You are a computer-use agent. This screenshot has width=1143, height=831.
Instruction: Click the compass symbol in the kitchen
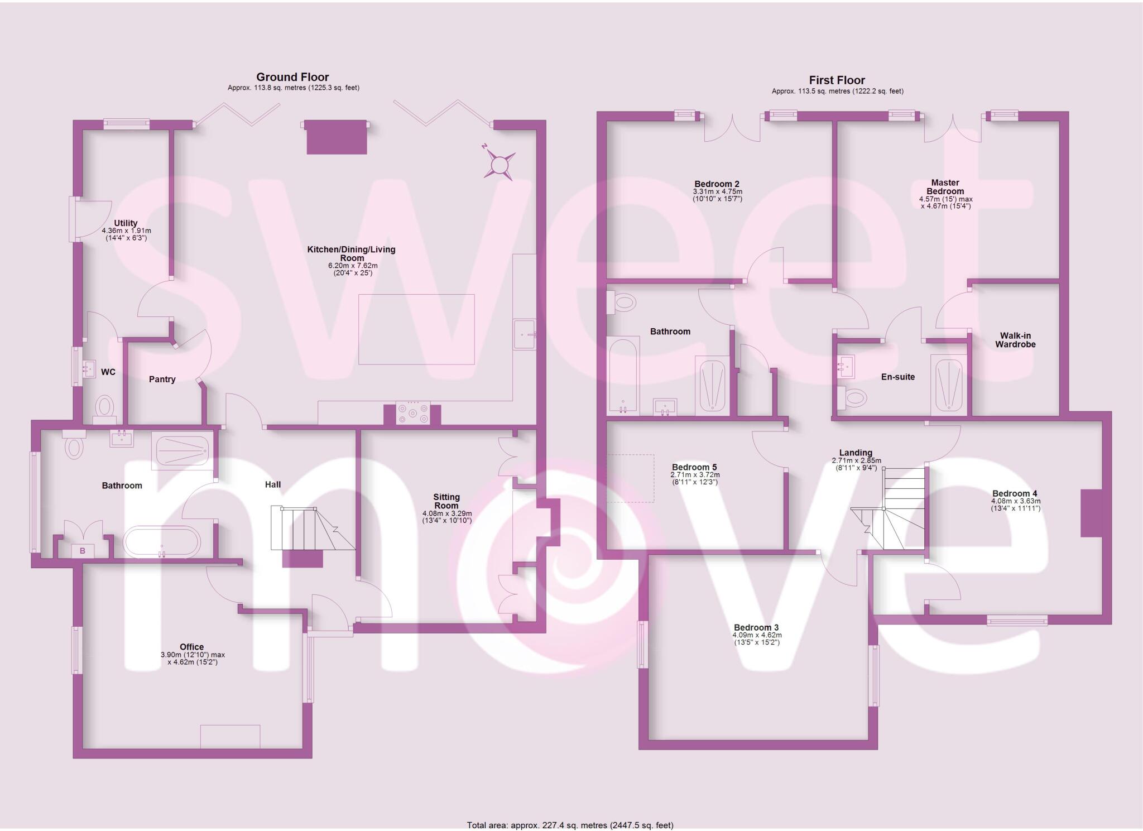point(499,164)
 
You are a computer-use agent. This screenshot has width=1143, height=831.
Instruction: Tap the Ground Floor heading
point(292,77)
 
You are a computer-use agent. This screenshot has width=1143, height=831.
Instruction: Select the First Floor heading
point(837,80)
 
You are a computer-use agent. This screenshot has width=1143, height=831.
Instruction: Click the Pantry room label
point(162,380)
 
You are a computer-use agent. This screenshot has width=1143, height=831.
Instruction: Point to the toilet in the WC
point(104,406)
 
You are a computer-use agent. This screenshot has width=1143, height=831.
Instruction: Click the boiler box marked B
point(83,551)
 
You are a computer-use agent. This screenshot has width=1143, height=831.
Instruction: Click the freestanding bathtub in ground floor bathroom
point(161,541)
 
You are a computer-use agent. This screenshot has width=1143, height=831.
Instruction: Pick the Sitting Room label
point(446,501)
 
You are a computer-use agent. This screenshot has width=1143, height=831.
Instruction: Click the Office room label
point(191,647)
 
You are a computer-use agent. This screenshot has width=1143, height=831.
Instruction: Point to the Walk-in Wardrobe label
point(1015,340)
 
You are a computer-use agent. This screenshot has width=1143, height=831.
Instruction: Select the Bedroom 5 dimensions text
point(695,478)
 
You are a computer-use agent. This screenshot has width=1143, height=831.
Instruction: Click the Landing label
point(856,453)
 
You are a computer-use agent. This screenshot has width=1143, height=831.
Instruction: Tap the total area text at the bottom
point(570,825)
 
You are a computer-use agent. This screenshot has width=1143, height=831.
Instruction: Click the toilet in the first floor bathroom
point(623,303)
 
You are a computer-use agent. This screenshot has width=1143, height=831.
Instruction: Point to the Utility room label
point(126,223)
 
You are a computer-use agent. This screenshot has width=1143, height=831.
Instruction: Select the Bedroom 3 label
point(756,627)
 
